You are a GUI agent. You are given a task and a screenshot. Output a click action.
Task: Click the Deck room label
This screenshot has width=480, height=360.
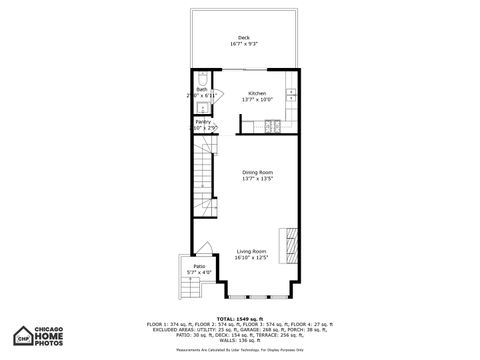244,37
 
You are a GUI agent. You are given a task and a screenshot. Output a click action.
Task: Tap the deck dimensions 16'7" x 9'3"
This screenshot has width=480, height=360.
244,43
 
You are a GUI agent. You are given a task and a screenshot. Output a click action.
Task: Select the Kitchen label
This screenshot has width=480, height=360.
257,93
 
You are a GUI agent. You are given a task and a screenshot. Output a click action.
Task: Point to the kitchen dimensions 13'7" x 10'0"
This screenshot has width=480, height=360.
257,99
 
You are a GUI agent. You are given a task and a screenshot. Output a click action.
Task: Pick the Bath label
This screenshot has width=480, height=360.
201,89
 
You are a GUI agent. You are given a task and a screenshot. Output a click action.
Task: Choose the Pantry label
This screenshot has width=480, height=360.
202,122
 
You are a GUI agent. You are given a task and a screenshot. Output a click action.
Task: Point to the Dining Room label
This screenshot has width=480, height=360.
257,172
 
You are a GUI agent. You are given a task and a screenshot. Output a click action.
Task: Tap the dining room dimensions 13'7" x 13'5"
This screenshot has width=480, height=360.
257,178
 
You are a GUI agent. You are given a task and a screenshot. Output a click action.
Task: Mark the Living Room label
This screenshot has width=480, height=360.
251,251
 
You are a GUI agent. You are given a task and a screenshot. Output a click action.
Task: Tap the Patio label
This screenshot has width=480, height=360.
200,266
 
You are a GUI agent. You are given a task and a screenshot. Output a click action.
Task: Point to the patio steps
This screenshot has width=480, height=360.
189,289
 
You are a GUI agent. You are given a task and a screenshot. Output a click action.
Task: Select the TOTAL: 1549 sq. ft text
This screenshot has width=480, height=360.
239,318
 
